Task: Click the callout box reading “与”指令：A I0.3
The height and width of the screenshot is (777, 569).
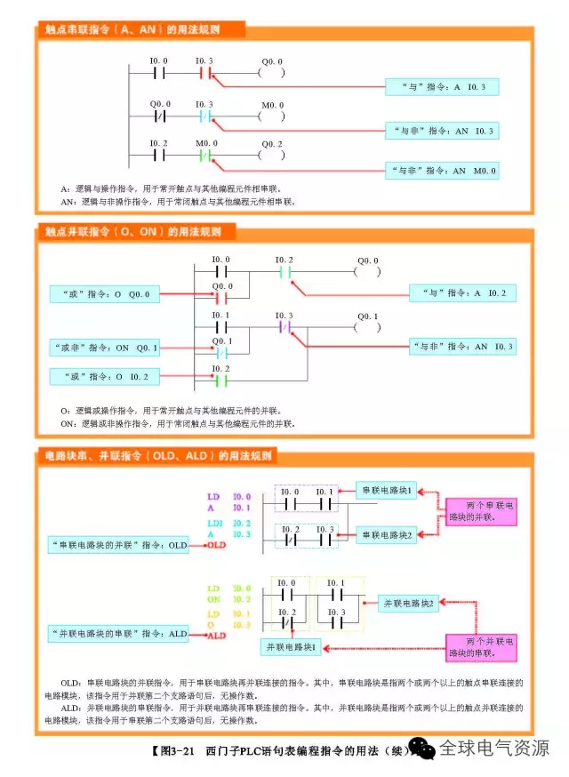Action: [441, 86]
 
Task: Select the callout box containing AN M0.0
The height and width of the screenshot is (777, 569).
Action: [441, 170]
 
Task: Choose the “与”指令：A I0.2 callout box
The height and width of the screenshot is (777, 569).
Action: [462, 292]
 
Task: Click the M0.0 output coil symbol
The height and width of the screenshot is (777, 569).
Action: [271, 116]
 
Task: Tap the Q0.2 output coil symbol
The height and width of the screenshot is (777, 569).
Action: [271, 154]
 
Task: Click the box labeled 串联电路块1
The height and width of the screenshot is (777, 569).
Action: [387, 490]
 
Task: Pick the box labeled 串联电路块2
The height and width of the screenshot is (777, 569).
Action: [387, 534]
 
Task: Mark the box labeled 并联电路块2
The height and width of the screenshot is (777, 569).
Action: [409, 604]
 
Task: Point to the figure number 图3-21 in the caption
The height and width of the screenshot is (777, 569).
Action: [174, 751]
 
